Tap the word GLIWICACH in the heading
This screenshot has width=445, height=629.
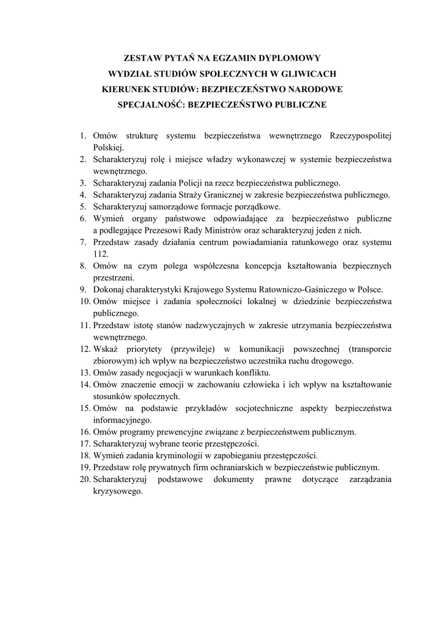tap(303, 74)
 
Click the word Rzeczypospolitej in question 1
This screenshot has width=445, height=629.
tap(360, 135)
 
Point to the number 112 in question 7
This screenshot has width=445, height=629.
tap(100, 254)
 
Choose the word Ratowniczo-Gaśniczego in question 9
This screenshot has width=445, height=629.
tap(295, 289)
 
